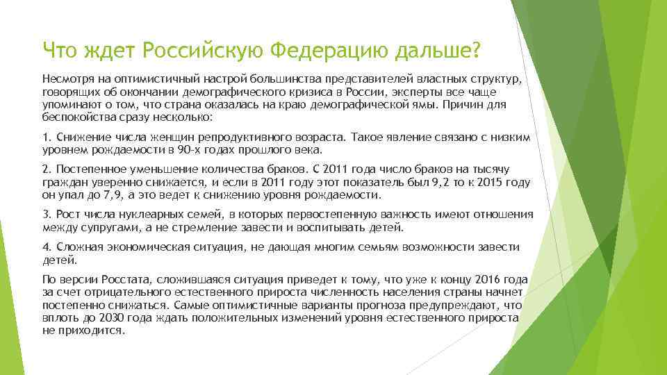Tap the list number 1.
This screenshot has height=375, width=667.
pos(45,138)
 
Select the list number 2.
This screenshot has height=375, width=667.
pos(45,169)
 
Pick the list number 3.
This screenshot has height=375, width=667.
pos(45,214)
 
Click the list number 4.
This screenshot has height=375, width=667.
pos(45,248)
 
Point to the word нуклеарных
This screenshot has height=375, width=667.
pos(129,214)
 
